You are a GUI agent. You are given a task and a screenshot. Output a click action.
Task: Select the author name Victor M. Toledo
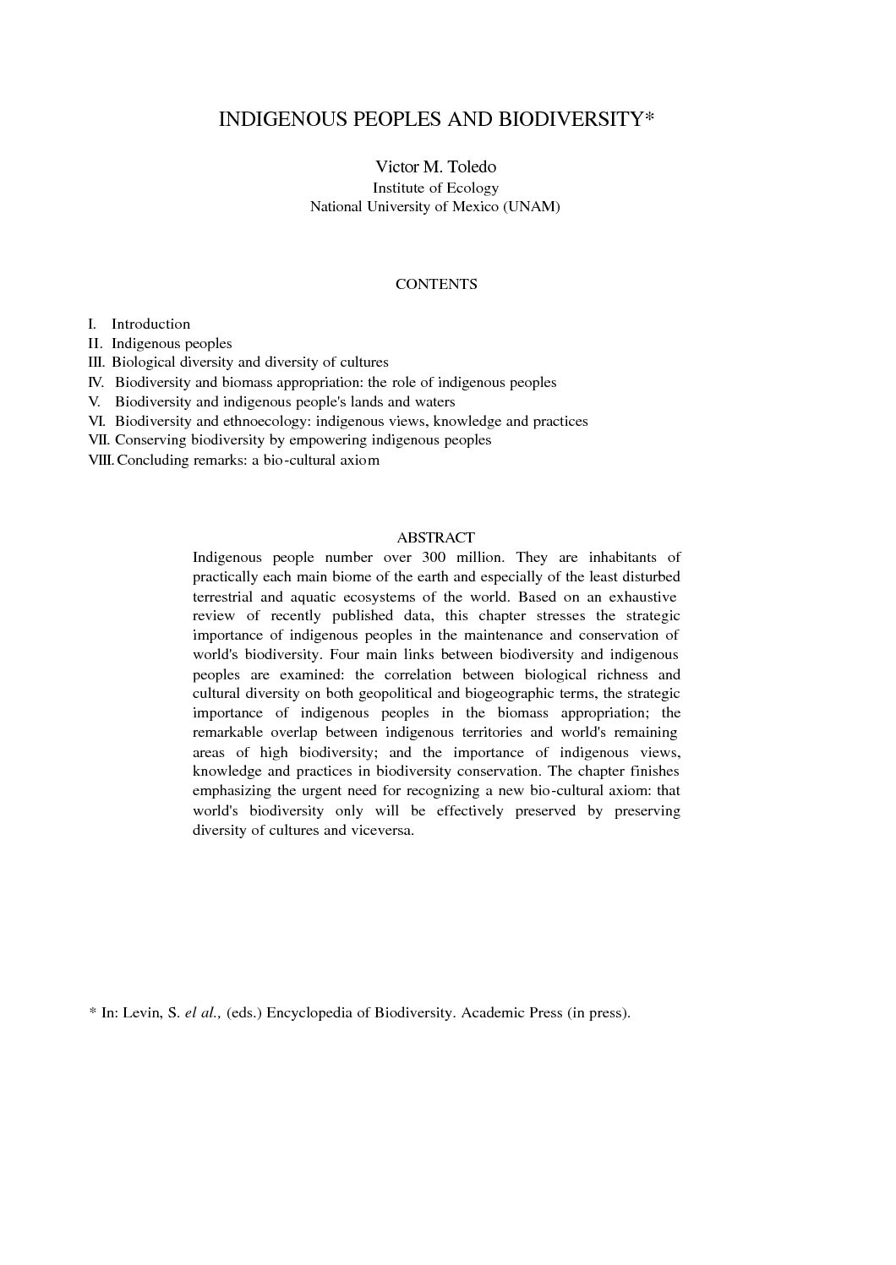(x=435, y=166)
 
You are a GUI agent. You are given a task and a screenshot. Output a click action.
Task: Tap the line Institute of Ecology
(x=435, y=188)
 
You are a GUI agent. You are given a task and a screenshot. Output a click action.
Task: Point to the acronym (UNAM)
(x=531, y=206)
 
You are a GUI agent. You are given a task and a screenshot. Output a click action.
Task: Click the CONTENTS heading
(x=436, y=284)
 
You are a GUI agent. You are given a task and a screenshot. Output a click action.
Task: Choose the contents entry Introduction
(x=150, y=324)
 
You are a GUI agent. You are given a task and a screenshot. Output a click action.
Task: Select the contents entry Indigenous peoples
(x=172, y=343)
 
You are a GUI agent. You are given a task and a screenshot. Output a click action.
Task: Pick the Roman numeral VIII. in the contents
(x=101, y=461)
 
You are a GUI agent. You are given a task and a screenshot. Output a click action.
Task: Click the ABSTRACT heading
(x=435, y=537)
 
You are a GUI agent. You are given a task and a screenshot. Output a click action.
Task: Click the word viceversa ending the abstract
(x=386, y=831)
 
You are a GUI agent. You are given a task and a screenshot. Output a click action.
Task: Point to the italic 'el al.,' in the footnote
(x=203, y=1012)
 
